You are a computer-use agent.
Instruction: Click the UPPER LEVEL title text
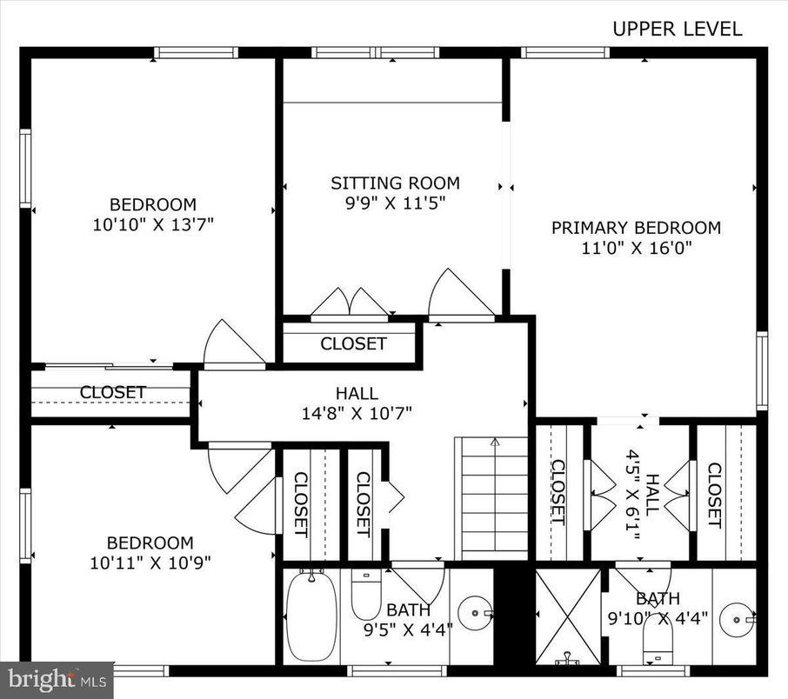click(x=678, y=29)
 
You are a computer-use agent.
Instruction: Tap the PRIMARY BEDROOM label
click(x=636, y=228)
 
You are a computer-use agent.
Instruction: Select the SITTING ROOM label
click(x=395, y=183)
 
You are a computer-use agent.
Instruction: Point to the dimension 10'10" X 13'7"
click(x=153, y=224)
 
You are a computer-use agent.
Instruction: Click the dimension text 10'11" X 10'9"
click(x=150, y=562)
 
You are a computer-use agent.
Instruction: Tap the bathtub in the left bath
click(x=311, y=616)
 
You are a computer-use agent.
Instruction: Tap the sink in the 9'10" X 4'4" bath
click(x=739, y=619)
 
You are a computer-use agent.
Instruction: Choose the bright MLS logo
click(x=57, y=679)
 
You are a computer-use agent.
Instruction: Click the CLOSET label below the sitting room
click(x=353, y=343)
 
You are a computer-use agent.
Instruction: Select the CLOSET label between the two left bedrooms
click(x=113, y=392)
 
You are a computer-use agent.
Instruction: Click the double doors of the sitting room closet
click(x=350, y=303)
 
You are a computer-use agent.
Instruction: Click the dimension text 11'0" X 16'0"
click(x=636, y=249)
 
